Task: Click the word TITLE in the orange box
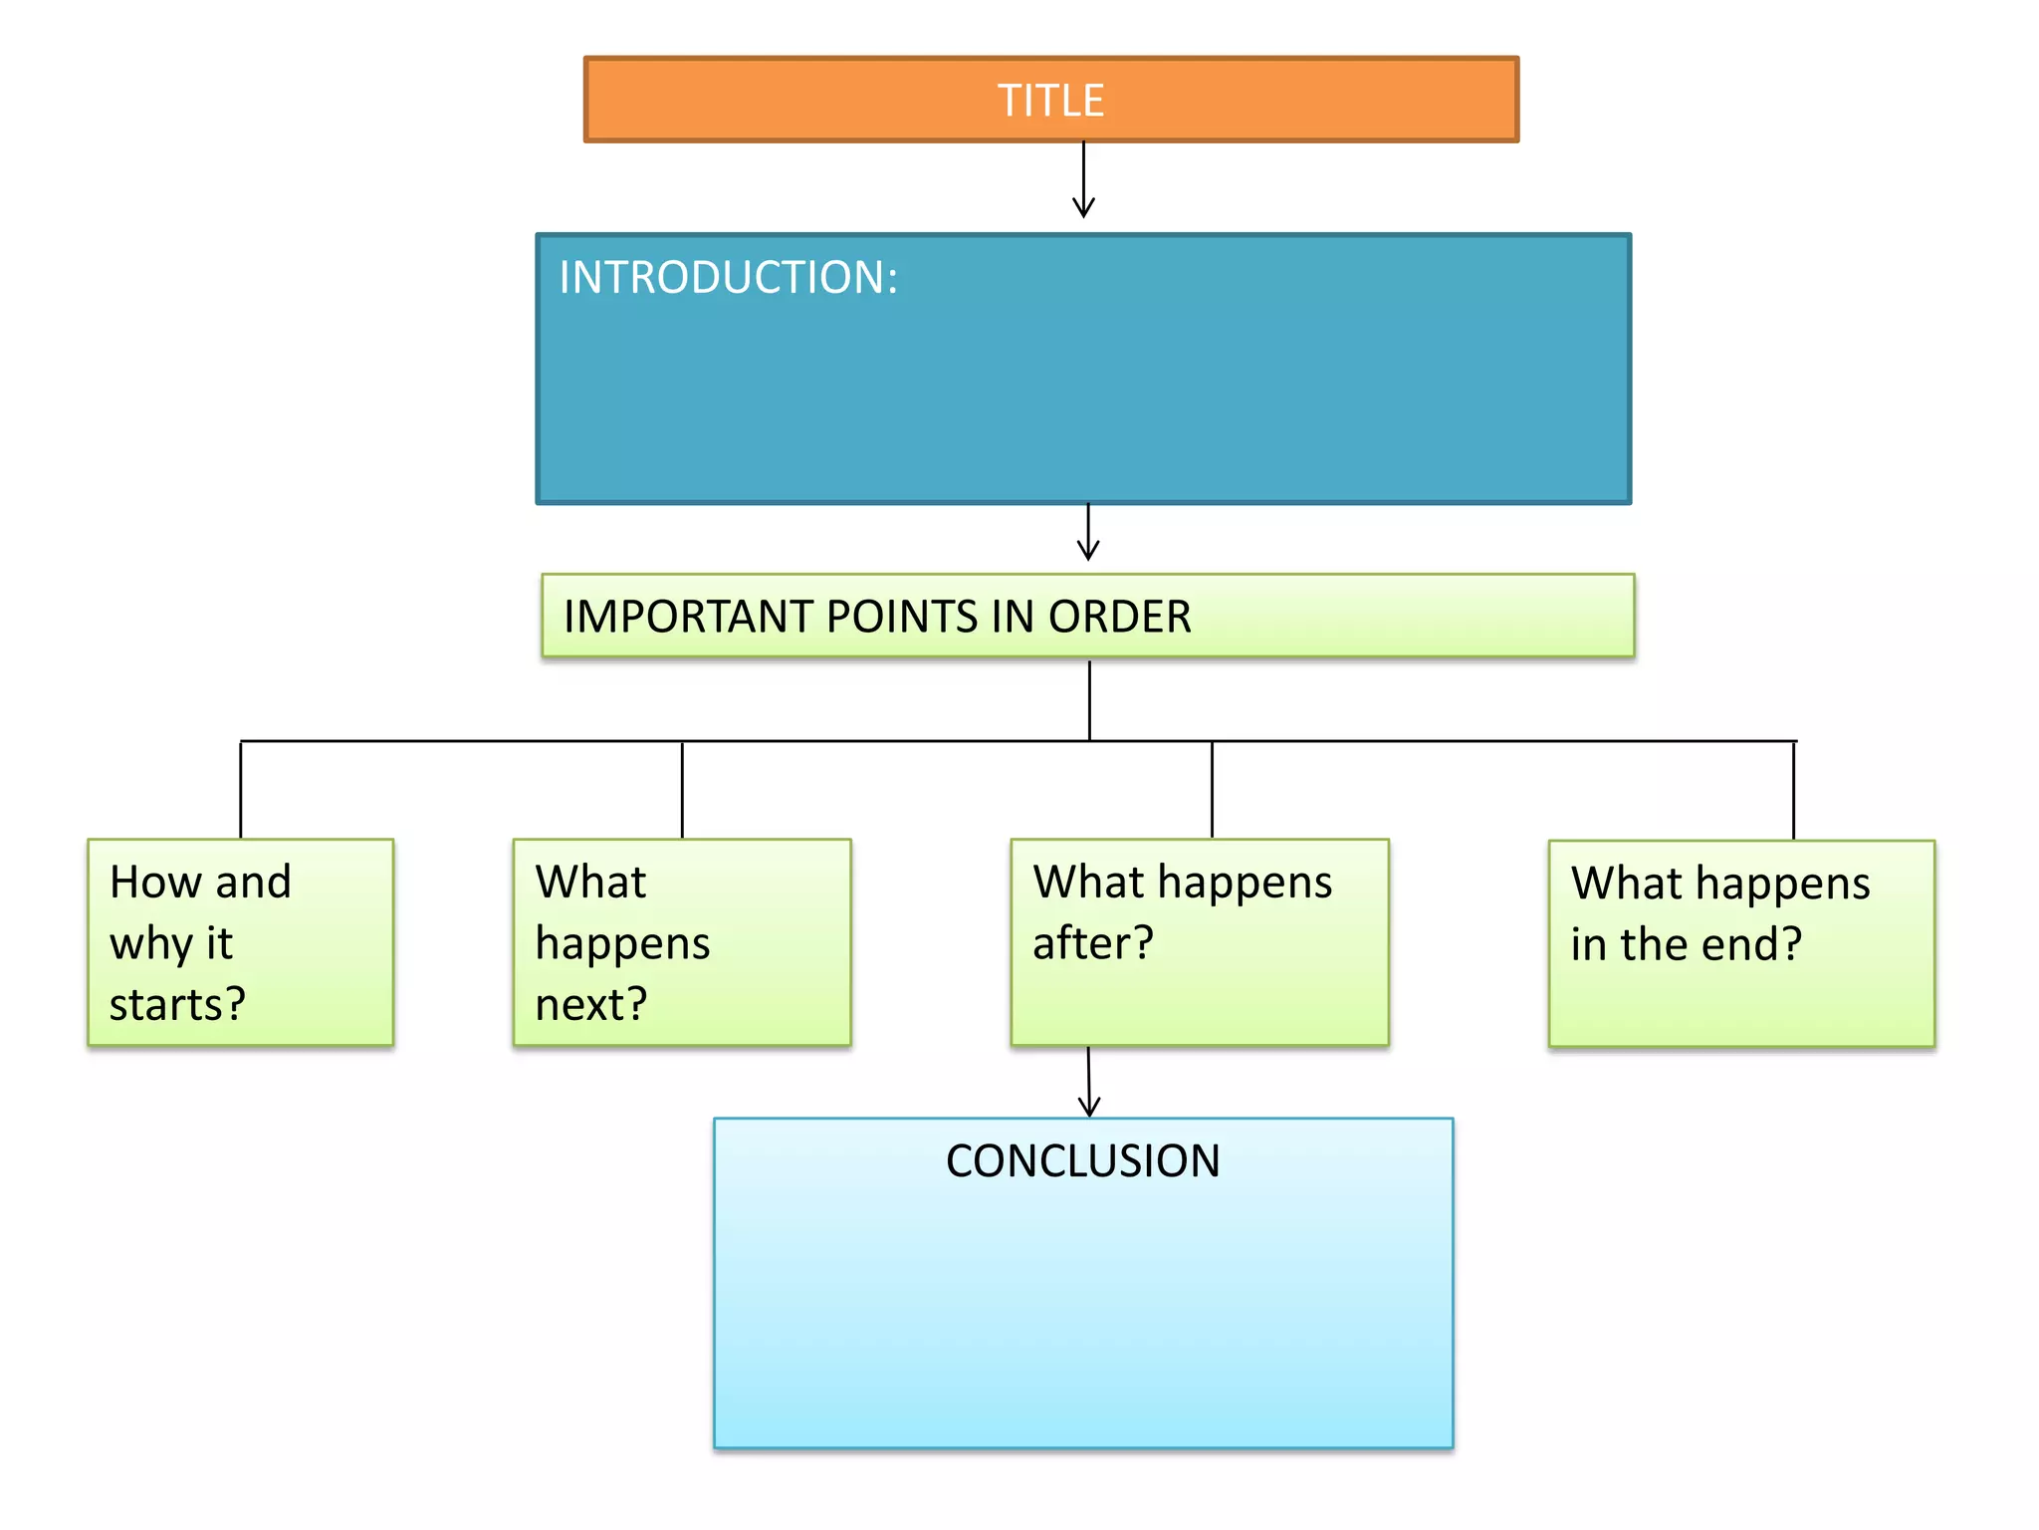pos(1050,101)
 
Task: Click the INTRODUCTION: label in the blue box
pos(728,277)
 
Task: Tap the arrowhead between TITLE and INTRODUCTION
pos(1083,207)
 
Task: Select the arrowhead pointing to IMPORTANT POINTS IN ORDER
pos(1088,550)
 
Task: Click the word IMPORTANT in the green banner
pos(688,617)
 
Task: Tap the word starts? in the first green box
pos(177,1004)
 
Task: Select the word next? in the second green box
pos(591,1004)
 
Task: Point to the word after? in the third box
pos(1092,943)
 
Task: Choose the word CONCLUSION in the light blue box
pos(1082,1161)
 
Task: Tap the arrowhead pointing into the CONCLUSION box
pos(1089,1106)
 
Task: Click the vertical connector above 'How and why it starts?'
pos(241,790)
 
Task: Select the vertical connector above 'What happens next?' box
pos(682,790)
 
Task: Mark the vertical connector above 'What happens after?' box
pos(1212,790)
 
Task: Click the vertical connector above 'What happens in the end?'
pos(1793,790)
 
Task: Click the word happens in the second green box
pos(622,944)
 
